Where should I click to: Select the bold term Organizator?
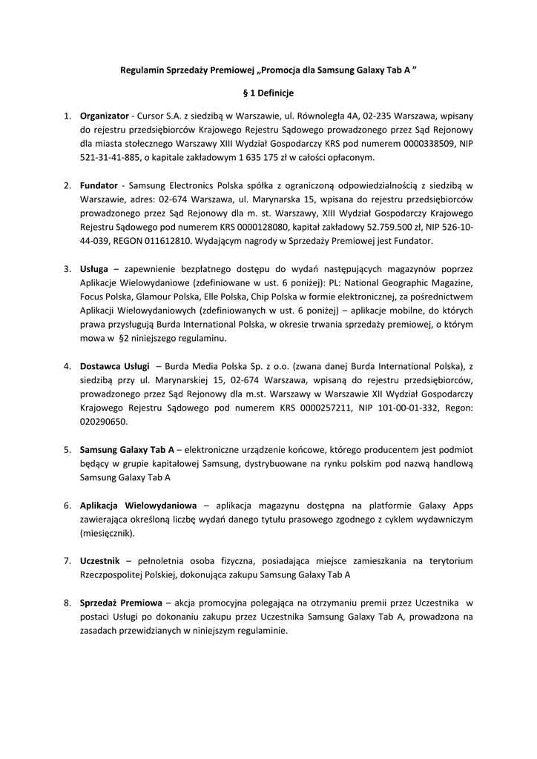pos(105,116)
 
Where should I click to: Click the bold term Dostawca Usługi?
pos(115,365)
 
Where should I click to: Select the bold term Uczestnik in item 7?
pos(100,561)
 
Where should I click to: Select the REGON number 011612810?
pos(168,241)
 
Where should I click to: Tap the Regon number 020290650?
pos(104,422)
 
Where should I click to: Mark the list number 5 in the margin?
pos(67,449)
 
